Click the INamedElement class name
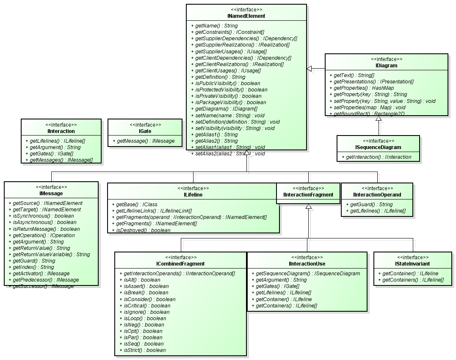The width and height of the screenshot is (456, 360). tap(246, 16)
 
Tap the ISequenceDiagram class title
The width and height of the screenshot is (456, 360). tap(378, 147)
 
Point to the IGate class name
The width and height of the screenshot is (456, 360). tap(145, 131)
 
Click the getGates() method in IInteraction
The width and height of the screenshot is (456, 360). tap(49, 154)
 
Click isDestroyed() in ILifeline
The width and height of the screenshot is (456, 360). tap(141, 230)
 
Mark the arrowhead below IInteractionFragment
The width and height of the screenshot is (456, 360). tap(309, 207)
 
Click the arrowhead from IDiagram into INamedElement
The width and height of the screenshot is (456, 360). tap(310, 69)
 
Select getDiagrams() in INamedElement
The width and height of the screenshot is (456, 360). tap(227, 109)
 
